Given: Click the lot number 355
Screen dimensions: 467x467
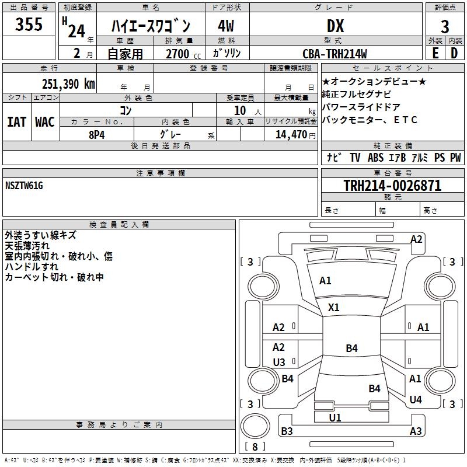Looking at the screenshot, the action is click(29, 25).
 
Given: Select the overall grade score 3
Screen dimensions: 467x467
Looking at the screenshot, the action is click(445, 26).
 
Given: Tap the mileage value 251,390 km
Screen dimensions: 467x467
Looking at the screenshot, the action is click(68, 83).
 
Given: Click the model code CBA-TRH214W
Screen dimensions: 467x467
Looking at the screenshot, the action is click(335, 54).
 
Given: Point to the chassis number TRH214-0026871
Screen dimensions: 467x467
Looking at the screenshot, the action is click(392, 186).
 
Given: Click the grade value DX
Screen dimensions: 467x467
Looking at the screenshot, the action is click(335, 26).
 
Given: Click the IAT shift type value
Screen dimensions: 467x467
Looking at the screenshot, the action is click(16, 121).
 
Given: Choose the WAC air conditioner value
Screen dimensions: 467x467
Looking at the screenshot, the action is click(45, 121).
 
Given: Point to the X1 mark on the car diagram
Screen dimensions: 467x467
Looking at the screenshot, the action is click(334, 307).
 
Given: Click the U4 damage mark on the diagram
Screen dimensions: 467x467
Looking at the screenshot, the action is click(416, 400).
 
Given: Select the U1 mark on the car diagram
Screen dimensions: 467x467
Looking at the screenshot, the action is click(335, 417).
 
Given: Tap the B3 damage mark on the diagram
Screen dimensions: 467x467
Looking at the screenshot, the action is click(287, 431).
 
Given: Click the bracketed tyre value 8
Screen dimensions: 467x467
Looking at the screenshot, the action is click(255, 447).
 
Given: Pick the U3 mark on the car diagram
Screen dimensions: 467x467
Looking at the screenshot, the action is click(279, 362).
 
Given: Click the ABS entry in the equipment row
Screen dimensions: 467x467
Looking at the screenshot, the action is click(375, 158).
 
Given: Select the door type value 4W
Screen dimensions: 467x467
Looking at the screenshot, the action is click(226, 26).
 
